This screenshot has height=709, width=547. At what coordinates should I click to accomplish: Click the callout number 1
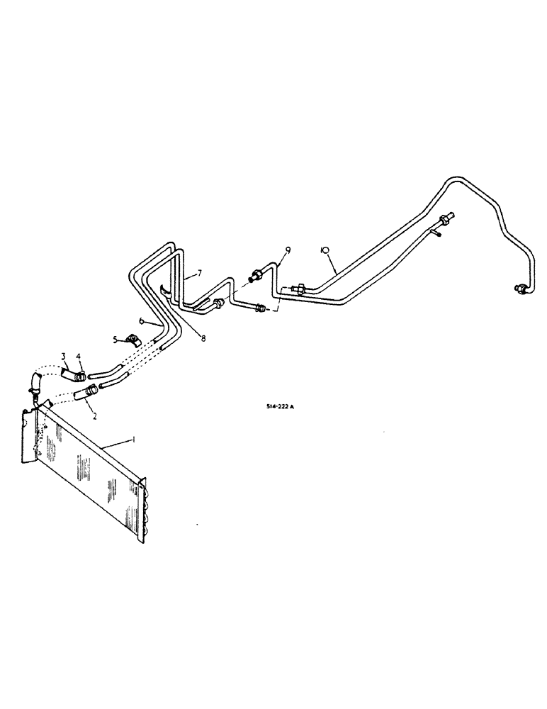pos(132,440)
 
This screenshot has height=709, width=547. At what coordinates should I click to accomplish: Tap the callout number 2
pos(85,409)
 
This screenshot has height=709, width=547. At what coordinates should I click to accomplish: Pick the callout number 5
pos(116,339)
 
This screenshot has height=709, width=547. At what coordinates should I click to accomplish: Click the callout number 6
pos(140,321)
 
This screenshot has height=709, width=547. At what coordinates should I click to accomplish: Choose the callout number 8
pos(203,338)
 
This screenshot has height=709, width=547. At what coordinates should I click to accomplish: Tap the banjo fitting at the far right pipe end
pos(519,286)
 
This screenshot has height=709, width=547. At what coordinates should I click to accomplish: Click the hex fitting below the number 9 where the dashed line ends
pos(260,308)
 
